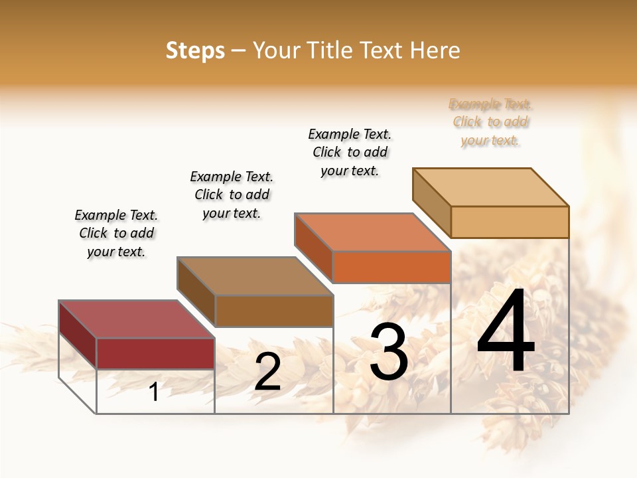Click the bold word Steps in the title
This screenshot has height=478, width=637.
[x=195, y=50]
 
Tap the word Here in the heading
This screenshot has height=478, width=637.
[x=435, y=50]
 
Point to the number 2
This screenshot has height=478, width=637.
[x=267, y=372]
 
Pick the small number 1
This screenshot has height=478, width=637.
[x=154, y=392]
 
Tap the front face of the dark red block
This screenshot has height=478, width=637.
[x=155, y=353]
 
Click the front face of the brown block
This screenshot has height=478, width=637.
[x=274, y=311]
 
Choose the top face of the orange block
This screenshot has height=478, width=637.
[x=372, y=232]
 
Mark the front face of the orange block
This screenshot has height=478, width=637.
[x=391, y=267]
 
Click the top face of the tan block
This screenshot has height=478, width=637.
[x=490, y=187]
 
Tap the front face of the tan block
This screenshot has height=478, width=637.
[x=510, y=222]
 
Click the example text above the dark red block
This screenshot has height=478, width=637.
[x=116, y=233]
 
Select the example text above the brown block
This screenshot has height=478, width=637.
[x=232, y=195]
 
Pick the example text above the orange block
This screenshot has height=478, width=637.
[x=350, y=152]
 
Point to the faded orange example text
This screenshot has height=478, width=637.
[x=490, y=122]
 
